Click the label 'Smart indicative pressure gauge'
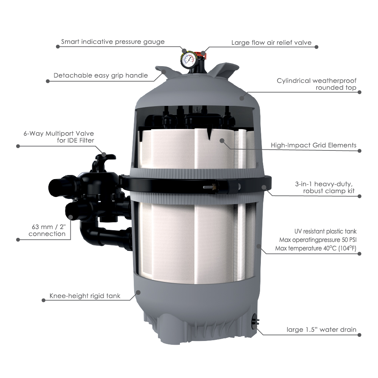[113, 42]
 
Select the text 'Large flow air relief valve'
[271, 43]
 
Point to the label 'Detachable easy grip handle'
[101, 76]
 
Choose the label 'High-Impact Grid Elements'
[313, 145]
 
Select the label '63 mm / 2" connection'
[47, 230]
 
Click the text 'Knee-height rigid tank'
[85, 296]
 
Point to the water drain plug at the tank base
[255, 321]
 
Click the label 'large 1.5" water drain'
[321, 330]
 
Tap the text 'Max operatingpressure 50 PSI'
[318, 240]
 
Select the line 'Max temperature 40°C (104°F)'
[316, 248]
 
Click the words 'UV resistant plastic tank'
[325, 231]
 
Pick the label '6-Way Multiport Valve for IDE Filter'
[59, 137]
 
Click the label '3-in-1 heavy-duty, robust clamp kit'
[325, 187]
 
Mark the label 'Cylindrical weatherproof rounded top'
[316, 84]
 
